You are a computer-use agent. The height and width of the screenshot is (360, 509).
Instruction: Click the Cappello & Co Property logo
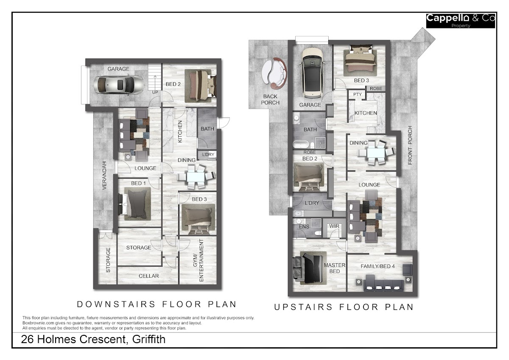[460, 20]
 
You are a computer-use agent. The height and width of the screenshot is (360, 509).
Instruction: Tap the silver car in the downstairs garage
[118, 85]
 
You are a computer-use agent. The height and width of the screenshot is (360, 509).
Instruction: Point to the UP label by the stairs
[155, 92]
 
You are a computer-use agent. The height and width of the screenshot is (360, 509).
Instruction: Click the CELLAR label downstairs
[148, 276]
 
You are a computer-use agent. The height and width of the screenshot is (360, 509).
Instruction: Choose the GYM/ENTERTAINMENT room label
[201, 260]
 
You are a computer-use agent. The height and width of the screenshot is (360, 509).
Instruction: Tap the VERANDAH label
[104, 175]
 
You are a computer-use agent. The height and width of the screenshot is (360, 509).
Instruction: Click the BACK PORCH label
[270, 99]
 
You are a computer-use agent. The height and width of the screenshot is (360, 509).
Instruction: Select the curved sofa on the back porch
[274, 73]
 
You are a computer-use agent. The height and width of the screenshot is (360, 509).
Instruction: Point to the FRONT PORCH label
[410, 145]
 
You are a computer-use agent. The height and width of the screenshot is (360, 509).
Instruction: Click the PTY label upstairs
[358, 94]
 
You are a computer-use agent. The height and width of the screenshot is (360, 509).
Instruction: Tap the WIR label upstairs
[334, 226]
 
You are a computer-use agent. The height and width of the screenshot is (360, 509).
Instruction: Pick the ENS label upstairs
[304, 227]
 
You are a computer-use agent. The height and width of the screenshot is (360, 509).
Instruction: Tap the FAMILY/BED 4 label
[378, 266]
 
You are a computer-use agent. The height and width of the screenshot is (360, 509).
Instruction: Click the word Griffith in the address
[148, 339]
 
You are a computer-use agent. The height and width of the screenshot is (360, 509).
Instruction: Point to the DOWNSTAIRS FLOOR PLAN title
[157, 304]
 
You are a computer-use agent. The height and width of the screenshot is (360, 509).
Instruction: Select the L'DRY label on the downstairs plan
[208, 155]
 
